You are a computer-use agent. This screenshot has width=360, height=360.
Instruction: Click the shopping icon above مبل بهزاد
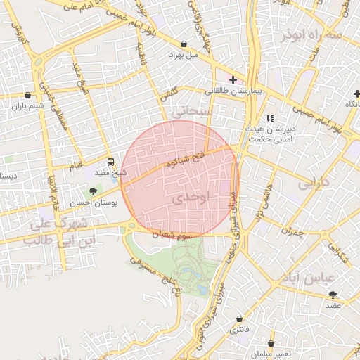click(x=184, y=43)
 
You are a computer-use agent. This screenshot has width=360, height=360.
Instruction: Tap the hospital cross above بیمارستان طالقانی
click(x=233, y=80)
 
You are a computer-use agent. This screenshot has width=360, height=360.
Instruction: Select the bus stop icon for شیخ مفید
click(x=110, y=162)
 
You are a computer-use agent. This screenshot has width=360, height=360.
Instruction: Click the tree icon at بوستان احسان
click(x=92, y=191)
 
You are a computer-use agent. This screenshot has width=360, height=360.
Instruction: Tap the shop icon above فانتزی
click(x=239, y=319)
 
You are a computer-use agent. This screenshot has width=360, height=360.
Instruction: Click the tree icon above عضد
click(x=333, y=295)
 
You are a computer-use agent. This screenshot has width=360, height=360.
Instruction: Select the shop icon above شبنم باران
click(x=27, y=96)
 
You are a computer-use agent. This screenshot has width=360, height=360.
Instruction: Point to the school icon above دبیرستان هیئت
click(x=270, y=119)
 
